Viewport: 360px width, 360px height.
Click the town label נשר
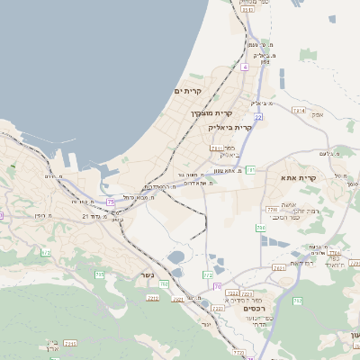tap(148, 275)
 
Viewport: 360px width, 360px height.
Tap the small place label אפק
tap(316, 114)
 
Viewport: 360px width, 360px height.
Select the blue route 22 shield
tap(258, 117)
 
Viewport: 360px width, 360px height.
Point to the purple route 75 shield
tap(110, 203)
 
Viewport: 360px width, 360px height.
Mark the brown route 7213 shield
tap(152, 297)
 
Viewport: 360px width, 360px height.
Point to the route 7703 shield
tap(272, 210)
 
